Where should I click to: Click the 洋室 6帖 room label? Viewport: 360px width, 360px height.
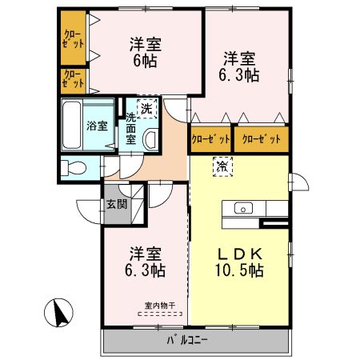145,51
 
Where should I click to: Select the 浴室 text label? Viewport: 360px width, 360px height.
96,125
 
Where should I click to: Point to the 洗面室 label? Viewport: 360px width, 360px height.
130,128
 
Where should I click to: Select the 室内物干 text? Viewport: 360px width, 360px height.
160,304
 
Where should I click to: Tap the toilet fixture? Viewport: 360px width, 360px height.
74,168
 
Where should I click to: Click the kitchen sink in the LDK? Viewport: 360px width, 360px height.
242,210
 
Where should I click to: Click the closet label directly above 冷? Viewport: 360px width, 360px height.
210,139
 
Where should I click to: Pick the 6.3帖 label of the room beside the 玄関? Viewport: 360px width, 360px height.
145,270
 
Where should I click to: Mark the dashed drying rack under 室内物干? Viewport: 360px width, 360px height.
160,314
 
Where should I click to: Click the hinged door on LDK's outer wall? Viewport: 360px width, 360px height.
299,182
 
